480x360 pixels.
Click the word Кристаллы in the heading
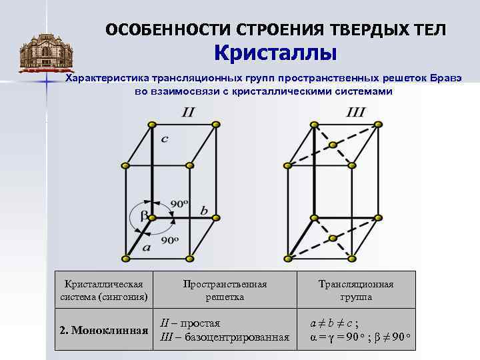tap(275, 52)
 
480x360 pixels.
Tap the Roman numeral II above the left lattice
tap(188, 112)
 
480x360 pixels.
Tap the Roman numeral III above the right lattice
tap(355, 112)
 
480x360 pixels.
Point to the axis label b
tap(204, 211)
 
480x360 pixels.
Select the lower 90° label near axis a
tap(169, 239)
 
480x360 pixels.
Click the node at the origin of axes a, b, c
tap(153, 217)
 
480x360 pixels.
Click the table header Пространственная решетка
tap(225, 291)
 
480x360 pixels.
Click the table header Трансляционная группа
tap(355, 291)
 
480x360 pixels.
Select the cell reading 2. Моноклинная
tap(103, 330)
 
